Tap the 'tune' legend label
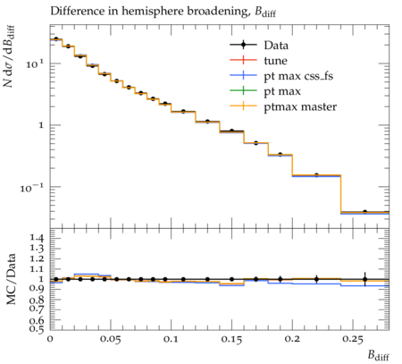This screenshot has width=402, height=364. tap(275, 61)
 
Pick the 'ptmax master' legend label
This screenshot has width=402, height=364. tap(300, 106)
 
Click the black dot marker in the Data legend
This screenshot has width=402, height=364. tap(243, 45)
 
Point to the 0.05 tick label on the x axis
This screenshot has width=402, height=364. tap(111, 339)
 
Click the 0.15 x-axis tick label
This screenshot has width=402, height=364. tap(231, 339)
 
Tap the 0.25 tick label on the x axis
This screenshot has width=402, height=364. tap(353, 339)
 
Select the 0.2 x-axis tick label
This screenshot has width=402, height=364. tap(292, 339)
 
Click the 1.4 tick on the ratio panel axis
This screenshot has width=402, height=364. tap(37, 238)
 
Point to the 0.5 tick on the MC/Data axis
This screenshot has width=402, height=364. tap(37, 328)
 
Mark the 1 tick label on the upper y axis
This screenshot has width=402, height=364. tap(41, 125)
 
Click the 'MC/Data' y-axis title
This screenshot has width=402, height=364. tap(11, 279)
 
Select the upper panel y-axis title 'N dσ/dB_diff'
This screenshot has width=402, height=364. tap(9, 56)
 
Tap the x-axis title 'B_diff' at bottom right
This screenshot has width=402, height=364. tap(378, 355)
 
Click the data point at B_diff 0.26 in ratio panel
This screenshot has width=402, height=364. tap(365, 279)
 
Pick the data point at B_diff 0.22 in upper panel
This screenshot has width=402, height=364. tap(316, 175)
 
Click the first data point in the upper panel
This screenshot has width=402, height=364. tap(56, 39)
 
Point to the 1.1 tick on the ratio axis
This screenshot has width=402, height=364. tap(37, 269)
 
